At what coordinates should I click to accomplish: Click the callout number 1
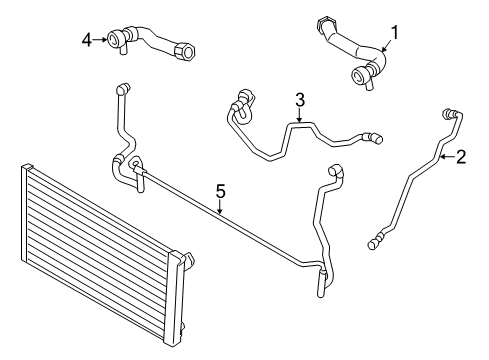click(x=395, y=33)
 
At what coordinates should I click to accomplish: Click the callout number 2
click(x=461, y=156)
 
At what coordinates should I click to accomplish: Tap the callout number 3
click(x=298, y=99)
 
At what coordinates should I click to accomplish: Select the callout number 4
click(x=87, y=39)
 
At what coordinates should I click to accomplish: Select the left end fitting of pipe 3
click(x=239, y=98)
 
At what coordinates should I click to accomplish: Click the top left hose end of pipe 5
click(x=122, y=92)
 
